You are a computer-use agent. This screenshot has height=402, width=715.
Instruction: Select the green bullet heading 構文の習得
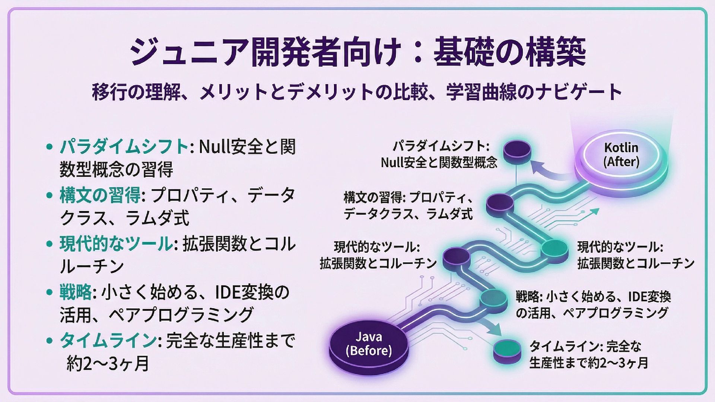[100, 195]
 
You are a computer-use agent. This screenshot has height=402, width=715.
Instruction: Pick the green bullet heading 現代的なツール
[115, 244]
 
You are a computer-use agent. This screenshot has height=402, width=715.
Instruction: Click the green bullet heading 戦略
[76, 292]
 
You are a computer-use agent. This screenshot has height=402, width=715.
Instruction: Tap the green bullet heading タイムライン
[107, 340]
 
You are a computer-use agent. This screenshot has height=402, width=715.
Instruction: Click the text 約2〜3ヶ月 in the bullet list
[108, 363]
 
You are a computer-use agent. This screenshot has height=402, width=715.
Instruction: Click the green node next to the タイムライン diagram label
[506, 349]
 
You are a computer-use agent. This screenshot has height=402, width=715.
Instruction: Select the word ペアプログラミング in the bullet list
[181, 315]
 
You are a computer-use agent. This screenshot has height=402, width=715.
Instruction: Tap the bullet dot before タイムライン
[49, 340]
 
